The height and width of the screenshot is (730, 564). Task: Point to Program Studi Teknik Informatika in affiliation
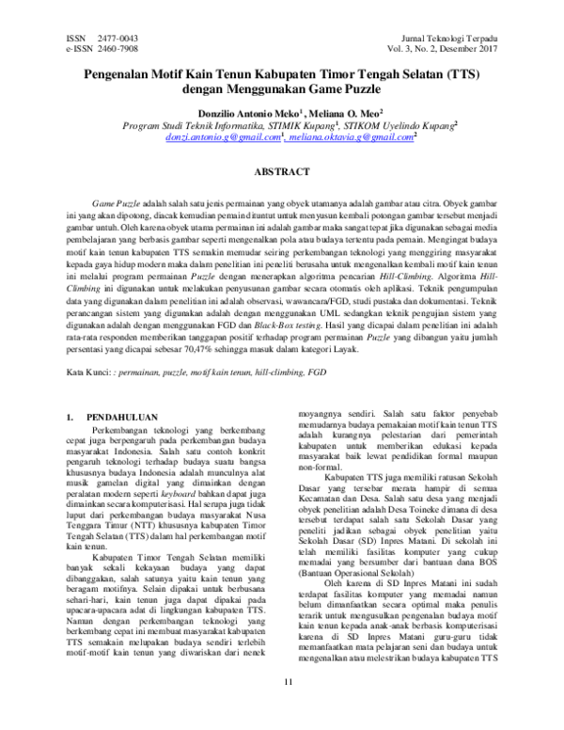pyautogui.click(x=184, y=124)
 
